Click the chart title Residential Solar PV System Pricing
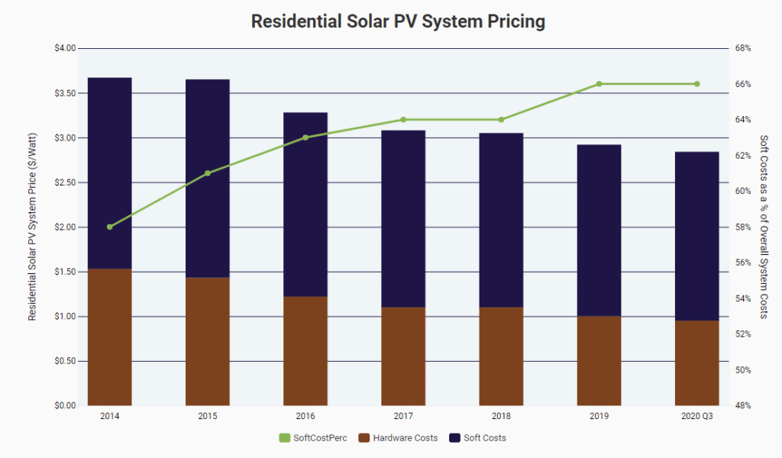pos(398,21)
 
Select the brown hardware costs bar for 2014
pos(110,337)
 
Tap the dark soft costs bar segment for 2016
pos(305,205)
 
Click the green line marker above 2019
pos(599,84)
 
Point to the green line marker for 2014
pos(110,227)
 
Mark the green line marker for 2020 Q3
pos(696,84)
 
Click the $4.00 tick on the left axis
pos(66,48)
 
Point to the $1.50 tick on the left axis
pos(66,272)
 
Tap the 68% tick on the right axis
pos(743,48)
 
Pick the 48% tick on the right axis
pos(743,405)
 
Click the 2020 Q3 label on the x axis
pos(696,417)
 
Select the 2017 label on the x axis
pos(403,417)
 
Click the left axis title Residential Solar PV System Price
pos(33,227)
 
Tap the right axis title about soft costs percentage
pos(764,227)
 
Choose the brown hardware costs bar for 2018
pos(501,356)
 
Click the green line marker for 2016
pos(305,137)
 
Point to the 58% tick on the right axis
pos(743,227)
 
